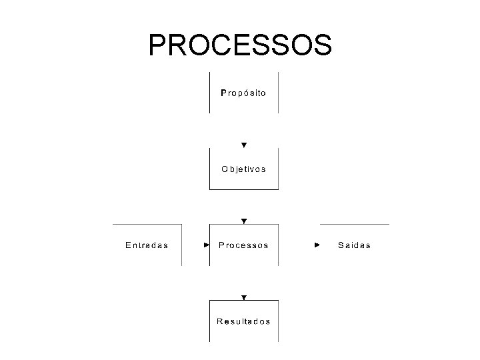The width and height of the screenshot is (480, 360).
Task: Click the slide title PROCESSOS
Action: tap(240, 45)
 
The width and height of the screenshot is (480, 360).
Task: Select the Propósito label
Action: tap(243, 93)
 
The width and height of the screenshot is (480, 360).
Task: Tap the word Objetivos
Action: tap(243, 169)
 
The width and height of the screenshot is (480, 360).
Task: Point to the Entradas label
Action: tap(147, 245)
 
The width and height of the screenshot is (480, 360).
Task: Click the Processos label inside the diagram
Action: tap(243, 245)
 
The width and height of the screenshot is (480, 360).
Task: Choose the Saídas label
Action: tap(354, 245)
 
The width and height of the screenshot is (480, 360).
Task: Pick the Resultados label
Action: tap(243, 321)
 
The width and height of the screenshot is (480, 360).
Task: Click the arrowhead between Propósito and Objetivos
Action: tap(244, 145)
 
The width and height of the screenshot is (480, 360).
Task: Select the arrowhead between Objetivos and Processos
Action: tap(244, 221)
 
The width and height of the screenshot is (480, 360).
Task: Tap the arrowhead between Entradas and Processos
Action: tap(207, 245)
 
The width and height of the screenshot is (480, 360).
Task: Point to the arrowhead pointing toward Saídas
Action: tap(317, 245)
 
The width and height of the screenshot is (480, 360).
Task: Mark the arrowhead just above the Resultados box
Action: tap(244, 297)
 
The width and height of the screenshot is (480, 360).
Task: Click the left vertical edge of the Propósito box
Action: tap(210, 92)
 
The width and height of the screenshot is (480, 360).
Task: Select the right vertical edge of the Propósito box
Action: tap(278, 92)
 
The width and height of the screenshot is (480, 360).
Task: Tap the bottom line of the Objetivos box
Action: tap(244, 189)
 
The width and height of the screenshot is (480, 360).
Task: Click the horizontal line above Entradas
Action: tap(147, 225)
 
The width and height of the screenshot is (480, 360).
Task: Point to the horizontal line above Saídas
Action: tap(355, 225)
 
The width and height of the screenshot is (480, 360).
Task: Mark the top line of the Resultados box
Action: tap(244, 301)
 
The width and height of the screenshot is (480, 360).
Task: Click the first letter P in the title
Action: tap(158, 45)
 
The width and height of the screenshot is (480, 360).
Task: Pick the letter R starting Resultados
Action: tap(219, 321)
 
